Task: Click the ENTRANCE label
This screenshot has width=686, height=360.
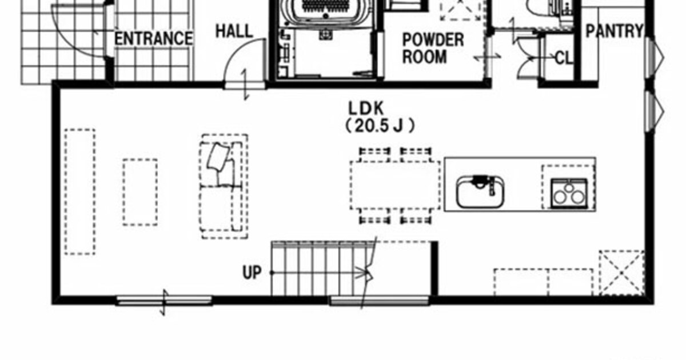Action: (153, 39)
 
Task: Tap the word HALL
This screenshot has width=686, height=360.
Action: (234, 31)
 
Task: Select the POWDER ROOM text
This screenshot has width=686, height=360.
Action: (433, 49)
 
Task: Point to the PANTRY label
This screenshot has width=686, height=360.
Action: (614, 31)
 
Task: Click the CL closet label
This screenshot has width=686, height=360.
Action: (564, 58)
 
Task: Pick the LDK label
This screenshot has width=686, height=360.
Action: (366, 108)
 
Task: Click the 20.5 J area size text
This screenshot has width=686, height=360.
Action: (380, 126)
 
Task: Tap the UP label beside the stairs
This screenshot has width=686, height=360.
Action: (252, 272)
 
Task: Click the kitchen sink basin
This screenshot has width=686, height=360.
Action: (480, 191)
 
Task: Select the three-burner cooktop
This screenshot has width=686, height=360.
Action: (569, 194)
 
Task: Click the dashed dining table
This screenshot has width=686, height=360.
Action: (395, 186)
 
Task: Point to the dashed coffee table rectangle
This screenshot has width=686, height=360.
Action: (140, 192)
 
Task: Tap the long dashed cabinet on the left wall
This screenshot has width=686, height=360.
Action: (79, 191)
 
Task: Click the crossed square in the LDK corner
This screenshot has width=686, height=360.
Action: (622, 273)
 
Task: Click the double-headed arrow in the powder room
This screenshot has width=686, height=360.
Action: (487, 57)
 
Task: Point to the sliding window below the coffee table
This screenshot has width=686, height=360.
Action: (164, 301)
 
